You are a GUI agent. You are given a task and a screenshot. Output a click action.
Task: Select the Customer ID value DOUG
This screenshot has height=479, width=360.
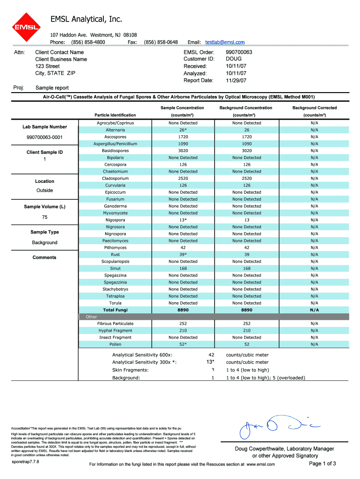234,59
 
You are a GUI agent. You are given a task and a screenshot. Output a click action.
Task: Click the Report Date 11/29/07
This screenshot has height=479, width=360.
236,80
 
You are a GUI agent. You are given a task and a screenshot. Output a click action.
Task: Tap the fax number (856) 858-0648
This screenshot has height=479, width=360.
161,42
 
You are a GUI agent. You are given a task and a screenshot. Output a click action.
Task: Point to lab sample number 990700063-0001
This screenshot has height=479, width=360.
44,137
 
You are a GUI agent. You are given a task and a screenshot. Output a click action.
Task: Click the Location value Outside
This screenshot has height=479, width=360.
44,190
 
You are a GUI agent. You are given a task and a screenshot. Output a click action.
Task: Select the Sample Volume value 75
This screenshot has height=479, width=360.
44,217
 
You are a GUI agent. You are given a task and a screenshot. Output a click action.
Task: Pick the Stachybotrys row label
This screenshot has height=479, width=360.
115,289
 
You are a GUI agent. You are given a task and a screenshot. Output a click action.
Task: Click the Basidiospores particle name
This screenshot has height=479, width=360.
115,151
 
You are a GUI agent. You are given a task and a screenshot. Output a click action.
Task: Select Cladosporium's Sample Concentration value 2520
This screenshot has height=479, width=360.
183,178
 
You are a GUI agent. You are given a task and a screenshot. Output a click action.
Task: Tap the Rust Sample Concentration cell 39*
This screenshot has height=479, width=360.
183,254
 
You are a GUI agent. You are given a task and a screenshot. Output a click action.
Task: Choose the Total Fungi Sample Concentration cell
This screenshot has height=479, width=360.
183,310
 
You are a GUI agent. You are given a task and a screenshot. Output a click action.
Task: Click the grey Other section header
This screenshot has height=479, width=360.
92,317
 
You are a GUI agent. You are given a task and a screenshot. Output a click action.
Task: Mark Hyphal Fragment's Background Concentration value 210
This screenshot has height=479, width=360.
246,330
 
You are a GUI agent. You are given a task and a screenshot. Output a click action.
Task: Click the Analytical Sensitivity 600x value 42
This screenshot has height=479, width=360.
211,355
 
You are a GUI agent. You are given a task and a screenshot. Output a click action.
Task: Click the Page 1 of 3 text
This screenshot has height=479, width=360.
323,464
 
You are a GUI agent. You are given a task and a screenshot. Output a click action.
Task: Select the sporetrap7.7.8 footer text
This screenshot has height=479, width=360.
25,462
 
